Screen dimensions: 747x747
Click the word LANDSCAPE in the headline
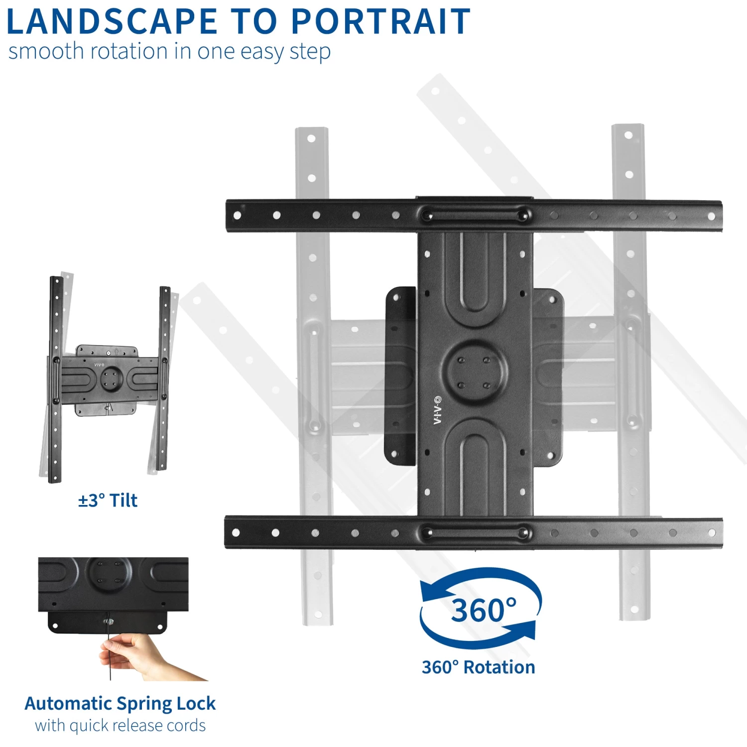112,22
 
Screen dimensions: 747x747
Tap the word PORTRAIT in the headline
380,22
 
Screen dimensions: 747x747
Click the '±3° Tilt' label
108,500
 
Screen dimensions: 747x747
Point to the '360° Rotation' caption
478,667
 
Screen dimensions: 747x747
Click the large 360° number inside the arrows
483,610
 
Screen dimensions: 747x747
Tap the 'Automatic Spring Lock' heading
120,703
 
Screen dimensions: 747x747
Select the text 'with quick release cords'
120,725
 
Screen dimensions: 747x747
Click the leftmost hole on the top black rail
237,215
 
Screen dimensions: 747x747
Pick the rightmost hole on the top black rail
711,216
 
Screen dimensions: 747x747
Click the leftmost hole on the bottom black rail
236,532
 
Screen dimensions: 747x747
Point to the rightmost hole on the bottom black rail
712,533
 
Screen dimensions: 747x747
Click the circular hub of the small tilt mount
111,378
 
